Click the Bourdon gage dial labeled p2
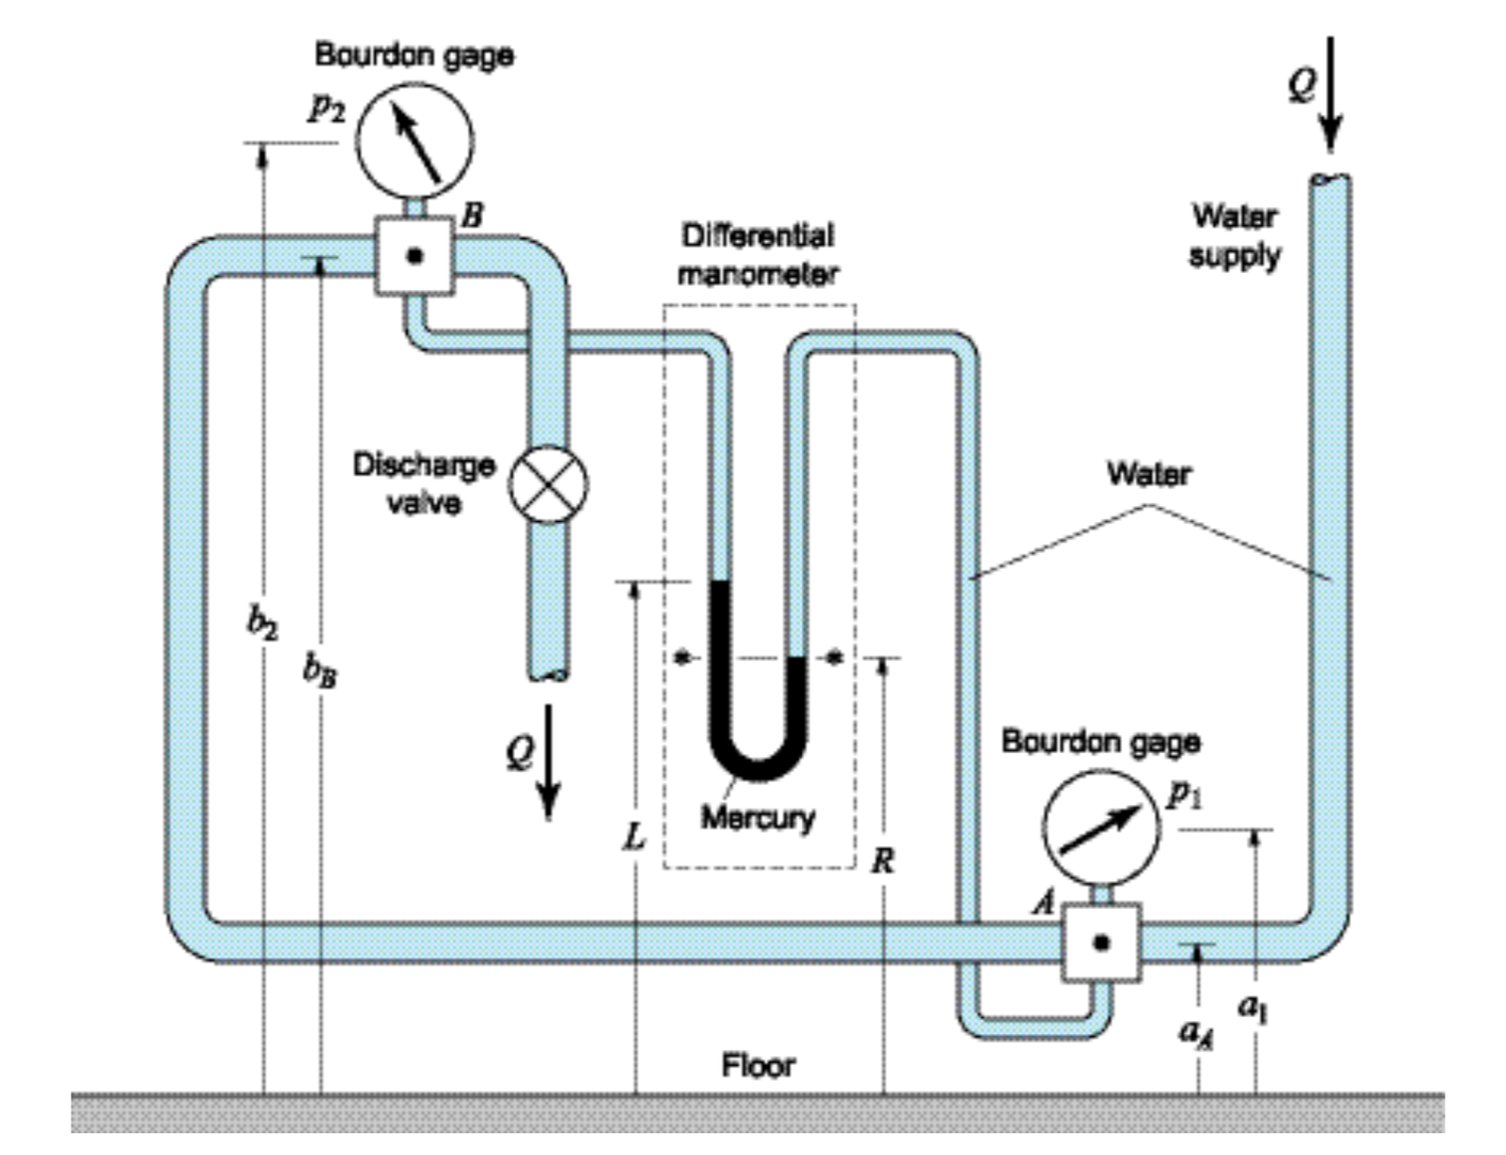click(414, 141)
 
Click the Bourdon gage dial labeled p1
click(1099, 827)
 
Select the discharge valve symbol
click(548, 485)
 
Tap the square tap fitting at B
click(415, 256)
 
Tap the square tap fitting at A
click(1100, 943)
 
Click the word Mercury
click(757, 818)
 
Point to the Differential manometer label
click(757, 254)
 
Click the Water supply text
click(1234, 235)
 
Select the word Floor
click(758, 1066)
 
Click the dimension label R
click(882, 859)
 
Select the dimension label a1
click(1253, 1006)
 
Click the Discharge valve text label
click(424, 484)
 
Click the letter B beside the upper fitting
click(473, 215)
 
